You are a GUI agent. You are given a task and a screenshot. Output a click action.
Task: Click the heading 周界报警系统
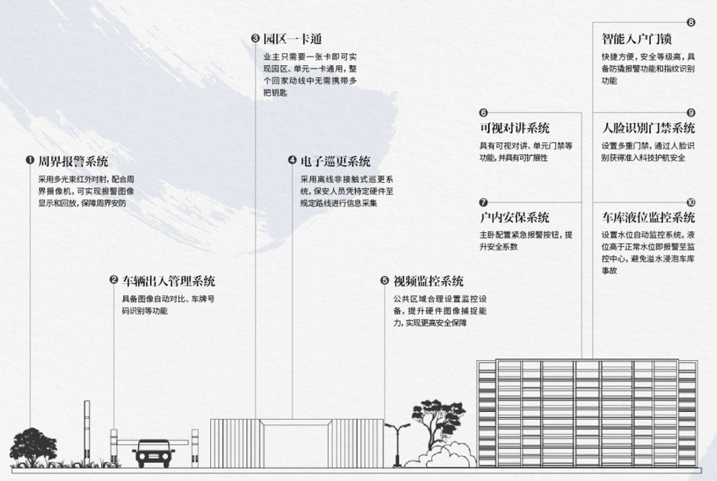(x=73, y=162)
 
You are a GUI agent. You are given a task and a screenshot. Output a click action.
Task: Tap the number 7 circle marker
(x=483, y=202)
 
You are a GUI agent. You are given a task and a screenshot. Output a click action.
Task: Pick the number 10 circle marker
(x=690, y=202)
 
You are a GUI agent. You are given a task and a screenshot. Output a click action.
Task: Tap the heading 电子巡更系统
(x=335, y=162)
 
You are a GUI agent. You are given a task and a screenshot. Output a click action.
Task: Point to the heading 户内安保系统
(x=514, y=217)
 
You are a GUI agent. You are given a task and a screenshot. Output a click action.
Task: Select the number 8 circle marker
(x=690, y=23)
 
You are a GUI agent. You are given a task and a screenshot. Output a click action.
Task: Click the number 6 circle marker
(x=483, y=113)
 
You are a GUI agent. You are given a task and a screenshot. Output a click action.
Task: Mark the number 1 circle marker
(x=30, y=162)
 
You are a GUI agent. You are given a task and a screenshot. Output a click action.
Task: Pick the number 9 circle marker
(x=690, y=113)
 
